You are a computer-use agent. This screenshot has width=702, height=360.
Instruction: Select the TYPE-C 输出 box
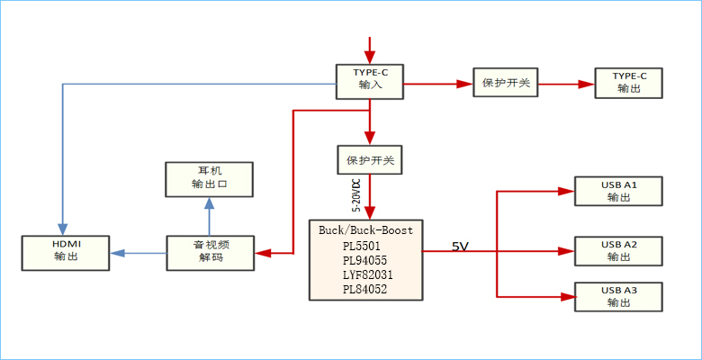pyautogui.click(x=629, y=82)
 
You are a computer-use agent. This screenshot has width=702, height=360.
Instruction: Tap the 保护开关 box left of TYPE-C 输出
pyautogui.click(x=506, y=84)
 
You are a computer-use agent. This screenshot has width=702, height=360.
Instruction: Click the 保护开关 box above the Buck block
pyautogui.click(x=370, y=160)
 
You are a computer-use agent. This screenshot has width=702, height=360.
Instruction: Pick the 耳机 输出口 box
pyautogui.click(x=209, y=178)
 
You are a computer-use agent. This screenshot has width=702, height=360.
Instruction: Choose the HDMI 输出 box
pyautogui.click(x=66, y=251)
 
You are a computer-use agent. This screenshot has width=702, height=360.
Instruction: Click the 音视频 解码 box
pyautogui.click(x=211, y=251)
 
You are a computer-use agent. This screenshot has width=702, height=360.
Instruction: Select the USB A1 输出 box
pyautogui.click(x=618, y=191)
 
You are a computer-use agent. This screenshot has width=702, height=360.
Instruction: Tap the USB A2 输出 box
pyautogui.click(x=618, y=251)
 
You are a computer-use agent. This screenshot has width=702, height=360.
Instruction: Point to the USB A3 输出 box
pyautogui.click(x=618, y=296)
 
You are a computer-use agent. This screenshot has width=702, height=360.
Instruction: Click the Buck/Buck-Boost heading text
pyautogui.click(x=365, y=229)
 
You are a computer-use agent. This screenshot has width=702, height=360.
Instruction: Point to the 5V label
pyautogui.click(x=461, y=246)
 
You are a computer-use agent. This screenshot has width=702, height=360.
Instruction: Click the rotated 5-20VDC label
pyautogui.click(x=355, y=194)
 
